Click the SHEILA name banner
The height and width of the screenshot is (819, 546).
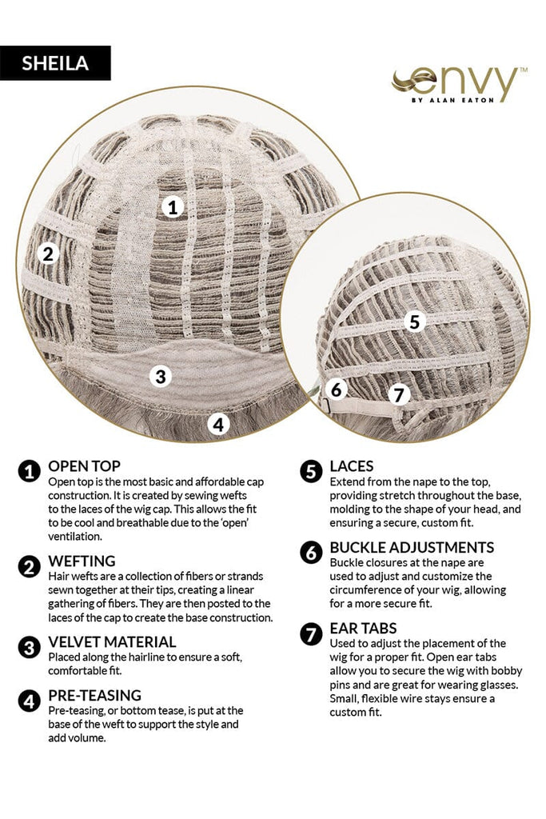pos(55,63)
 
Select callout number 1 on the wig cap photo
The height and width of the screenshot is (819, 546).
pos(173,207)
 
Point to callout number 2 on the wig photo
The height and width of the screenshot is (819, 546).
pos(48,254)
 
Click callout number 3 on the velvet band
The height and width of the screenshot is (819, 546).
pos(161,376)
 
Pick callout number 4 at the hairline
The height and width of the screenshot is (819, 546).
pos(218,424)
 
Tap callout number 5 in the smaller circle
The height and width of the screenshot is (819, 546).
pos(414,322)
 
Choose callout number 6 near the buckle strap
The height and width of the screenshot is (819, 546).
pos(337,390)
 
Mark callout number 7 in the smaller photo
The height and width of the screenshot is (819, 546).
pos(400,394)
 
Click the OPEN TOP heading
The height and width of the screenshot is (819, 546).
pos(84,466)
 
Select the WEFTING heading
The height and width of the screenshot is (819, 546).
pos(82,561)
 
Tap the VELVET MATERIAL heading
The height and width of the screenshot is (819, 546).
pos(112,642)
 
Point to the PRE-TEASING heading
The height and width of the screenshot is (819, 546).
pos(94,695)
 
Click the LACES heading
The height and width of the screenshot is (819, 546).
pos(351,466)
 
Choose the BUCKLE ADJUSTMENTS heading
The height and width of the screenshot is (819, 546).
pos(412,547)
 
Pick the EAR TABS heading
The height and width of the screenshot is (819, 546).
pos(363,628)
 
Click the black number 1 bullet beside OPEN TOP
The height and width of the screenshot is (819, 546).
pos(30,471)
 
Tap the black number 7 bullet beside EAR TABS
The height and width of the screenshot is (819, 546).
pos(311,634)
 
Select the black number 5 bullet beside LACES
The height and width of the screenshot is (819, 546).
pos(311,472)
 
